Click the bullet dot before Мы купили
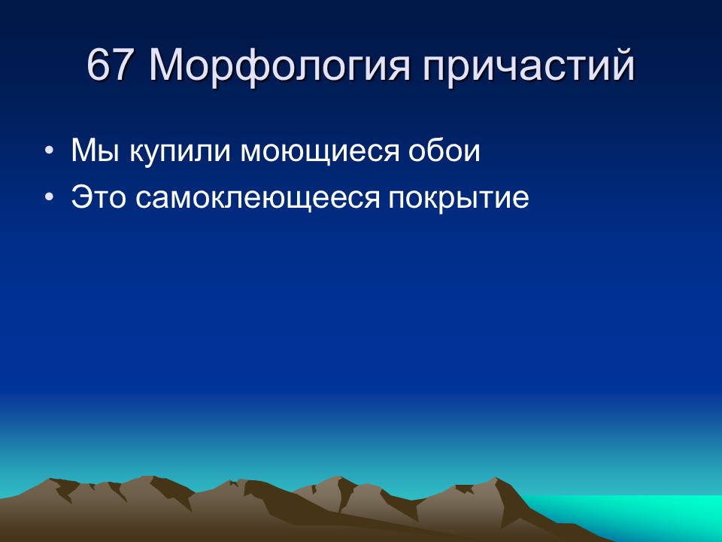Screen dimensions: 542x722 [49, 152]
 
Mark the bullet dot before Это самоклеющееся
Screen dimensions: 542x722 [49, 198]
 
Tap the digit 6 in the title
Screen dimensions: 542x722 [99, 66]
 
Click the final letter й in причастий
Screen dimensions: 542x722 [622, 66]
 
